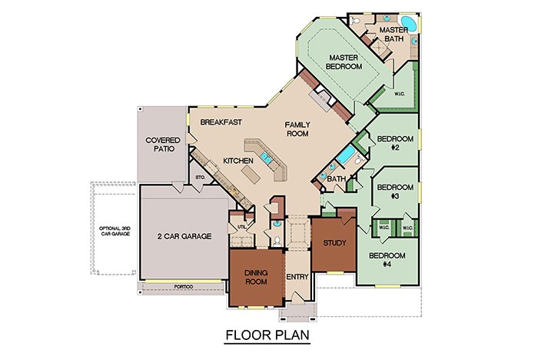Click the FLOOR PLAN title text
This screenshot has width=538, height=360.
coord(268,336)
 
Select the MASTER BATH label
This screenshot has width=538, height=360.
coord(386,34)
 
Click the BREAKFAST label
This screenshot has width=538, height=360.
coord(221,122)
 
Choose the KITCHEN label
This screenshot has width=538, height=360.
coord(238,160)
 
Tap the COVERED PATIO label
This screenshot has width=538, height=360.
coord(163,145)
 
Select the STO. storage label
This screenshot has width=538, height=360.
coord(201,178)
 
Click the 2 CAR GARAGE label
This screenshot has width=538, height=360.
coord(185,235)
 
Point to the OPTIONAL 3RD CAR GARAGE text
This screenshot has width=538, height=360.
coord(114,230)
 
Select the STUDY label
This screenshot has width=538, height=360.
coord(334,243)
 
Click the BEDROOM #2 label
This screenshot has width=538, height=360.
coord(395,143)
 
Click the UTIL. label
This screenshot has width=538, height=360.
coord(241,227)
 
